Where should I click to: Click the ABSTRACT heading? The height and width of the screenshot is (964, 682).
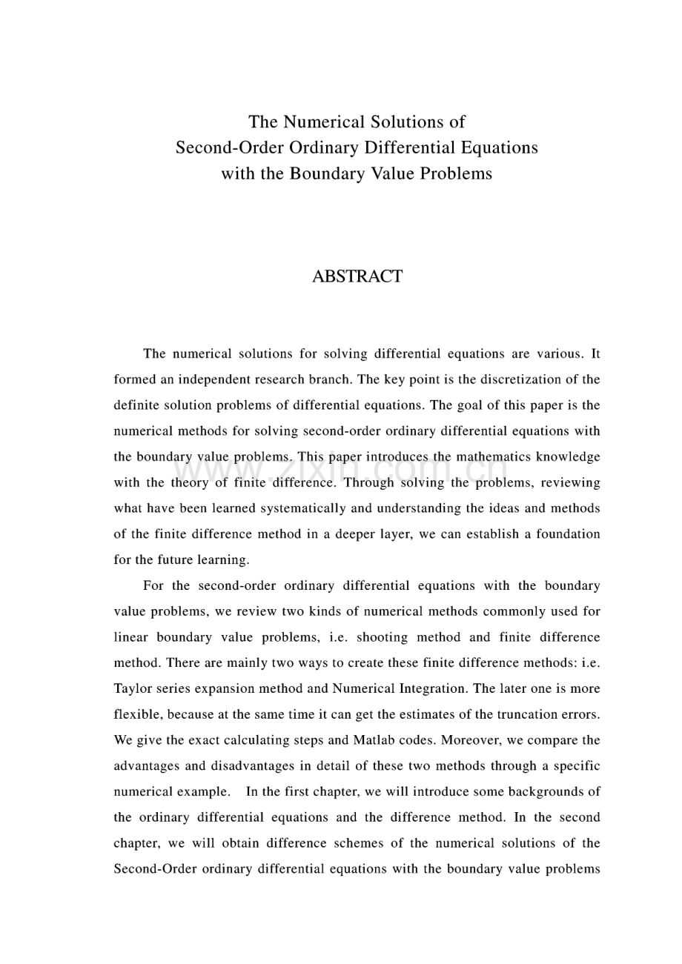(357, 276)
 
